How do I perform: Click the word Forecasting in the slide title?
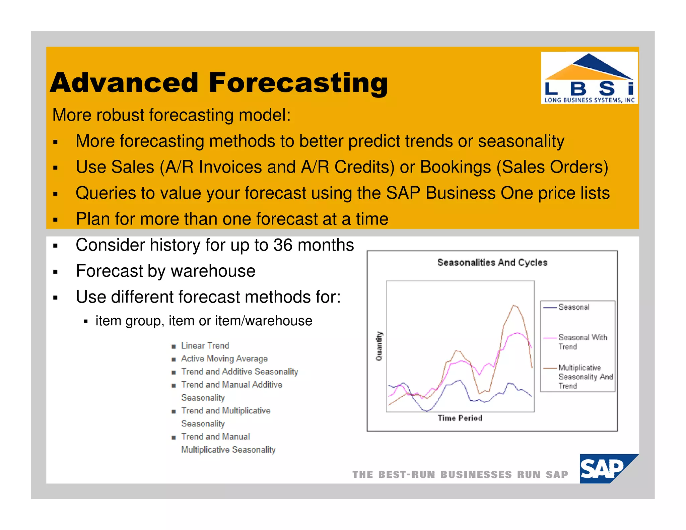pos(298,83)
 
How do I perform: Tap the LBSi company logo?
pos(589,78)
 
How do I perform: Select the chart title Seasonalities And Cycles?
pos(492,262)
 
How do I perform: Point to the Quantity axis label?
pos(379,346)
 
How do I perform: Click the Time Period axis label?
pos(460,418)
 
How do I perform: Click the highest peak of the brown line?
pos(514,306)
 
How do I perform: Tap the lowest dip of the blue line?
pos(427,411)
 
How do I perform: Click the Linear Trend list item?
pos(205,345)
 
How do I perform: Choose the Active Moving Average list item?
pos(224,358)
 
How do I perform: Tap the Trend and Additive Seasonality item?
pos(239,372)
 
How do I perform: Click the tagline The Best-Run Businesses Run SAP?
pos(460,475)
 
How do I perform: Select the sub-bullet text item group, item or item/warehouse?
pos(204,321)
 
